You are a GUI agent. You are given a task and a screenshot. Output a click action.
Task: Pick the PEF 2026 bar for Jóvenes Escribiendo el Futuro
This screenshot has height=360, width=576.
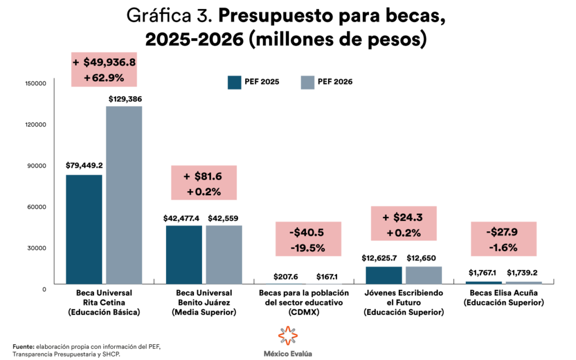coord(424,275)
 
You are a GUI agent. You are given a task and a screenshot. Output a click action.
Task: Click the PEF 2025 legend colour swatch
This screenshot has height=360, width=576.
coord(234,82)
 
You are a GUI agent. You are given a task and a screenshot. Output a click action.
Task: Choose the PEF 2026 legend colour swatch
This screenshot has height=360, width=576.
coord(307,82)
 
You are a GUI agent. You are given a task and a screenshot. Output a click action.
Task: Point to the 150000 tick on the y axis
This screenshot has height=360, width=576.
coord(35,83)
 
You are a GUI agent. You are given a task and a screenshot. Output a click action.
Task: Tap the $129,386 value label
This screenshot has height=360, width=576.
coord(124,99)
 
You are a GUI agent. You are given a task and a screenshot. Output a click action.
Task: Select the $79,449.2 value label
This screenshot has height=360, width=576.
coord(84,166)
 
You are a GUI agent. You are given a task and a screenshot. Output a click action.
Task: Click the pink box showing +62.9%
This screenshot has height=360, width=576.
coord(104,70)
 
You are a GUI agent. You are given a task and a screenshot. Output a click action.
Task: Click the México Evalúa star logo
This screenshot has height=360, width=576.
coord(287,336)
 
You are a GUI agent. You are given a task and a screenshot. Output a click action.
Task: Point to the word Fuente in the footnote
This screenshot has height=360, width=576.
coord(23,346)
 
